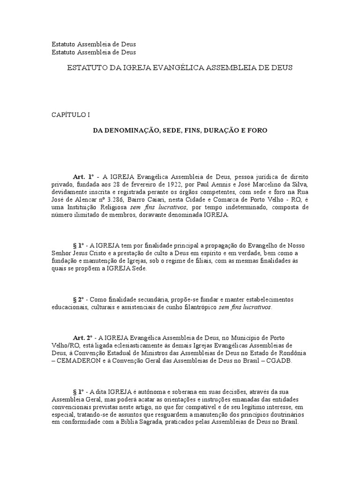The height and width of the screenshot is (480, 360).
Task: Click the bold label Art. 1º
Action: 81,176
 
